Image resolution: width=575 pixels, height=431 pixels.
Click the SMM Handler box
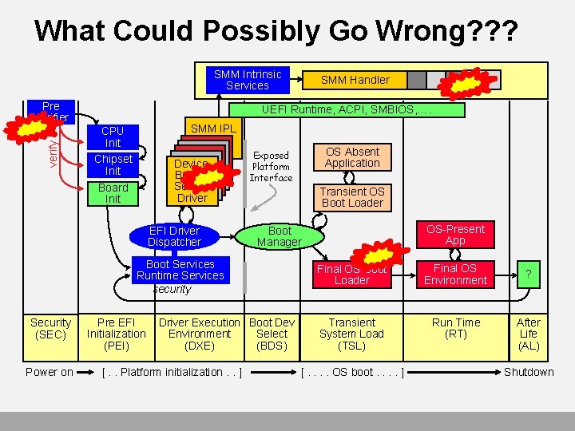point(355,80)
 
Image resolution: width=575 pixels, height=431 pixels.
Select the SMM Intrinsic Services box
point(248,80)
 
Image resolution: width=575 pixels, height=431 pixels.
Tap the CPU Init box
point(113,136)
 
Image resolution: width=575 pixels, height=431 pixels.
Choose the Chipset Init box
point(113,165)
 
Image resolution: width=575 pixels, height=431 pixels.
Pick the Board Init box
point(113,193)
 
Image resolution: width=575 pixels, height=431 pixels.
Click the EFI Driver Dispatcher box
point(174,236)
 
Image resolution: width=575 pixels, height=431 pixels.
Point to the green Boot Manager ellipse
point(280,236)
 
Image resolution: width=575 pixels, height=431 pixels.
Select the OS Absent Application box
point(352,157)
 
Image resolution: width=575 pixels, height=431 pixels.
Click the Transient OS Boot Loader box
point(352,197)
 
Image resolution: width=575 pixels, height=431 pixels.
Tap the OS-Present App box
point(455,235)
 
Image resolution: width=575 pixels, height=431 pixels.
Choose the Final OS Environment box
point(455,275)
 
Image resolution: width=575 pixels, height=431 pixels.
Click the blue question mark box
point(528,275)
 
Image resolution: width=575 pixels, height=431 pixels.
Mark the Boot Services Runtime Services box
point(180,271)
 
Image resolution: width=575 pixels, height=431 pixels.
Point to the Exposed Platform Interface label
point(271,167)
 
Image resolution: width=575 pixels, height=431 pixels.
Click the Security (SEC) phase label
point(50,328)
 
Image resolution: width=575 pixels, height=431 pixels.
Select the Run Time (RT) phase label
point(456,328)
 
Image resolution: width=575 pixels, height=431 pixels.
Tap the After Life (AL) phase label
point(528,334)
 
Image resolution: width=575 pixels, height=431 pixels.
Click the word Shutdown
point(528,372)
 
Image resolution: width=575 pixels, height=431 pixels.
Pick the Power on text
point(50,372)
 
